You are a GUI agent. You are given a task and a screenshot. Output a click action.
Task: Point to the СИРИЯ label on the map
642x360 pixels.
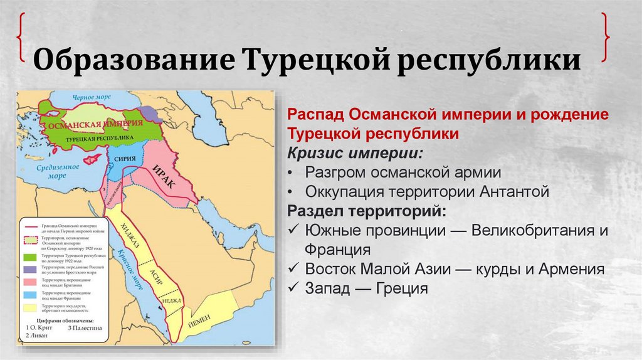[x=126, y=159]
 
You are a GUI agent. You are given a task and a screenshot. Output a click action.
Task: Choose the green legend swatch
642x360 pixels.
[x=29, y=258]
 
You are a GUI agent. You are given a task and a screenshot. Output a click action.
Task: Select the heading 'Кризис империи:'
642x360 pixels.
[x=355, y=154]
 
